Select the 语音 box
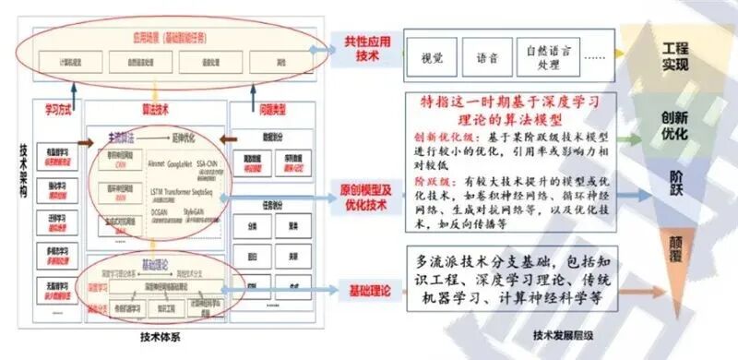[488, 57]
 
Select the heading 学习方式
[57, 109]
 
